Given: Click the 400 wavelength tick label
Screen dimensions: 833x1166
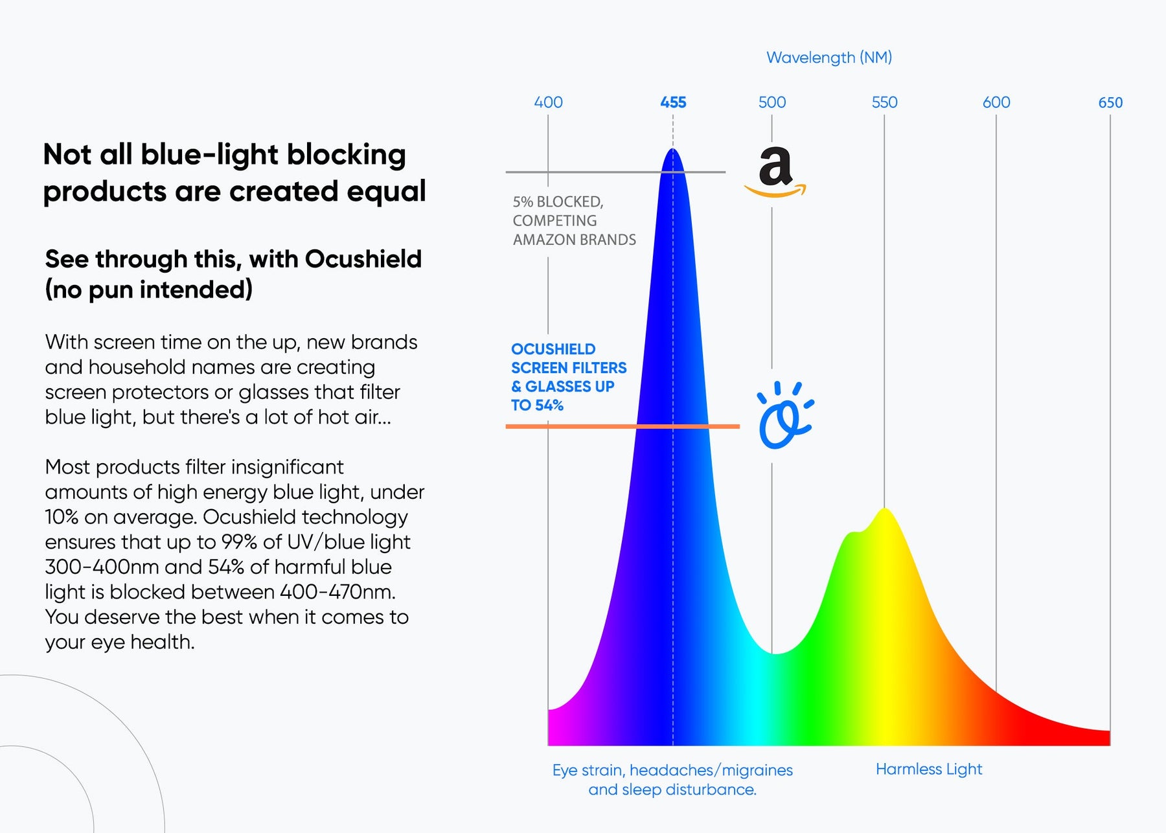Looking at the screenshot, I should pyautogui.click(x=548, y=102).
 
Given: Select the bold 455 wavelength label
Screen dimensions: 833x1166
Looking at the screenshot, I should pyautogui.click(x=673, y=102).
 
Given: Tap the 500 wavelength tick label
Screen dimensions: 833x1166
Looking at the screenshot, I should pyautogui.click(x=772, y=102).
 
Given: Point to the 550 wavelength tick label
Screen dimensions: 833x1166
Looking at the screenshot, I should pyautogui.click(x=884, y=102).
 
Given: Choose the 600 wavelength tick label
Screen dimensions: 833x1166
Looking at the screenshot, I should pyautogui.click(x=996, y=102).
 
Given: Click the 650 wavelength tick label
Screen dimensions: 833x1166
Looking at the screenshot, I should pyautogui.click(x=1110, y=102).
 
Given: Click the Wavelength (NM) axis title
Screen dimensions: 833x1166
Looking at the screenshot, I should pyautogui.click(x=829, y=58).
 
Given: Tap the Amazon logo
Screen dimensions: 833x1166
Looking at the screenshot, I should pyautogui.click(x=775, y=172).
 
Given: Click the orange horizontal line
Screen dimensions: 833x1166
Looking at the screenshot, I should pyautogui.click(x=583, y=426).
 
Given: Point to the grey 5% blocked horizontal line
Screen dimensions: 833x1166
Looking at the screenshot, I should pyautogui.click(x=583, y=172).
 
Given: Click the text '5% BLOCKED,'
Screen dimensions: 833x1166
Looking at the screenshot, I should pyautogui.click(x=558, y=202).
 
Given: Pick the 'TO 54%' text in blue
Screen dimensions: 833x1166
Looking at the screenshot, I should pyautogui.click(x=537, y=405).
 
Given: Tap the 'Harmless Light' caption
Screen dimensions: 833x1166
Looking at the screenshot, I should pyautogui.click(x=928, y=769).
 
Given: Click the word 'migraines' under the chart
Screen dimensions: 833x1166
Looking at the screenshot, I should pyautogui.click(x=757, y=770).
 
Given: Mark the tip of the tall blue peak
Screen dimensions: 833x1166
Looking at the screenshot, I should pyautogui.click(x=673, y=150).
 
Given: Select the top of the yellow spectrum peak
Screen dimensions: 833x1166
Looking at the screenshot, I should pyautogui.click(x=884, y=510).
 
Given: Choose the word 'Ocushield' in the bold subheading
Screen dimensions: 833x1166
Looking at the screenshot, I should pyautogui.click(x=363, y=259).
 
